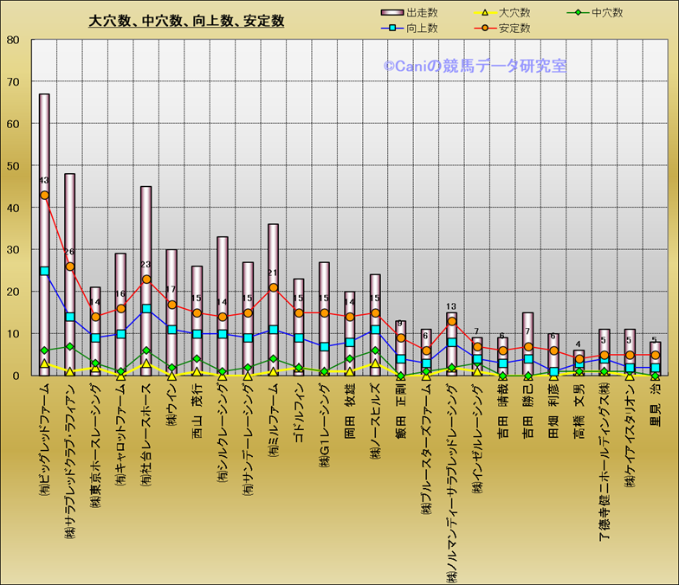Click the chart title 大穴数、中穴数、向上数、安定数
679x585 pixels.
pos(187,21)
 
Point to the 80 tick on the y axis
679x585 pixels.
pos(13,40)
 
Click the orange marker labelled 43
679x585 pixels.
pos(44,196)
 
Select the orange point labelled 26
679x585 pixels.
pos(69,267)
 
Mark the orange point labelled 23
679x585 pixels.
pos(146,280)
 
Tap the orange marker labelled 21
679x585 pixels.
pos(273,287)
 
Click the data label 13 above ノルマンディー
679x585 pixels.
pos(451,306)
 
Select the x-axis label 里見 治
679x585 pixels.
pos(656,402)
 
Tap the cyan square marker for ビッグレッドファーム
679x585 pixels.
pos(44,271)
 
